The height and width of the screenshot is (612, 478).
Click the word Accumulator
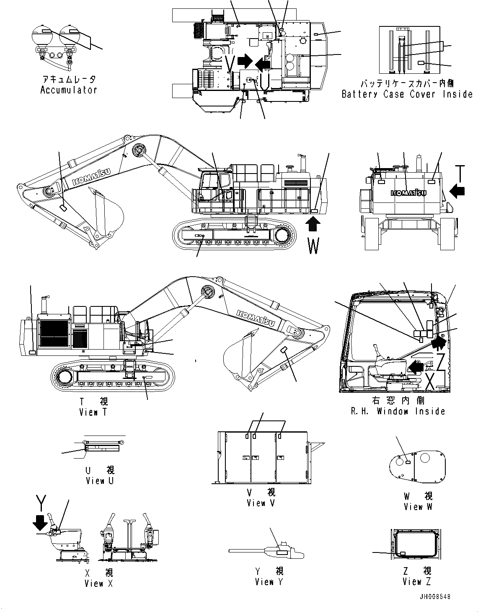[69, 90]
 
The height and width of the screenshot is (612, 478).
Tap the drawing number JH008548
[434, 596]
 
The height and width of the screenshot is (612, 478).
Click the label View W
[418, 507]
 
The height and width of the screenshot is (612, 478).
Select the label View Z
[416, 581]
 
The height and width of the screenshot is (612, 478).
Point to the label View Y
[269, 582]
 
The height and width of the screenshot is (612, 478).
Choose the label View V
[261, 503]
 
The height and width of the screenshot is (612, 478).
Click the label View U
[99, 481]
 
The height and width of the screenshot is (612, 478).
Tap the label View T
[93, 412]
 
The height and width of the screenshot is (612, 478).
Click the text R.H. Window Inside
[398, 411]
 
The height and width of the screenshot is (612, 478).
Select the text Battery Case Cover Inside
[407, 94]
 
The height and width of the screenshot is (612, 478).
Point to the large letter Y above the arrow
[41, 501]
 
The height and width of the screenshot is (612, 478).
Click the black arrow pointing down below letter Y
[41, 522]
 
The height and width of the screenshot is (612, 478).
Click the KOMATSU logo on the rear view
[408, 193]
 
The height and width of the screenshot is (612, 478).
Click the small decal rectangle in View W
[408, 462]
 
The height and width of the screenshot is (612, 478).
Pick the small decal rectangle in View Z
[403, 554]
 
